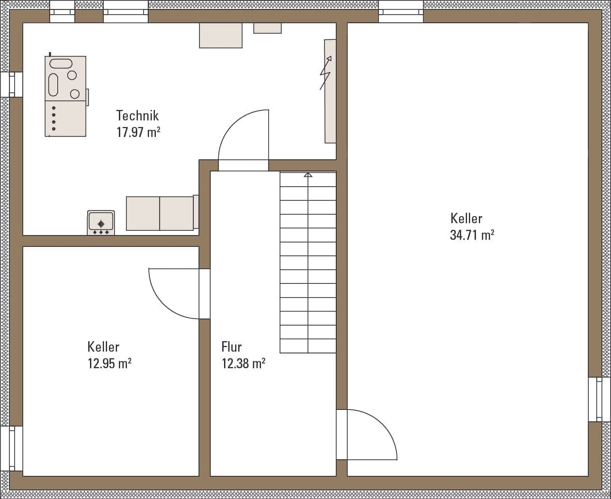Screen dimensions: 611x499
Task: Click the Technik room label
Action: tap(137, 116)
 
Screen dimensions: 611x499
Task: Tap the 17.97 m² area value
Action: tap(138, 132)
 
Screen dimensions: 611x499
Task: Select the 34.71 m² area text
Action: tap(472, 235)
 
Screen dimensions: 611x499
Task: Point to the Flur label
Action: tap(232, 346)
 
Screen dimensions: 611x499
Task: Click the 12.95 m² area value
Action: tap(109, 363)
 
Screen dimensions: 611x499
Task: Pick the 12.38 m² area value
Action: tap(243, 363)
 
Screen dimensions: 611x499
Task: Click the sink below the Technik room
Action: tap(101, 223)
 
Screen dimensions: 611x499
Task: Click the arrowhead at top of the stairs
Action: tap(308, 175)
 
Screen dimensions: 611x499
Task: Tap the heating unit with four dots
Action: tap(65, 96)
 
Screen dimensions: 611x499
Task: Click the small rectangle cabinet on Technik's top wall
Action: tap(268, 28)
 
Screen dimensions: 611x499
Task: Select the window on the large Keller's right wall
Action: tap(595, 399)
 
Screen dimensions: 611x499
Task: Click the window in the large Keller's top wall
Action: tap(401, 12)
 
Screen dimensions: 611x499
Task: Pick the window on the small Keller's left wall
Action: tap(11, 449)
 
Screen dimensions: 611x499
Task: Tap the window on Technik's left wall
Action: tap(11, 84)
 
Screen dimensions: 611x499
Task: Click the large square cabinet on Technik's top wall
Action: tap(221, 36)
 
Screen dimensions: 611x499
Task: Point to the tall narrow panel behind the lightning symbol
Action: tap(330, 91)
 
